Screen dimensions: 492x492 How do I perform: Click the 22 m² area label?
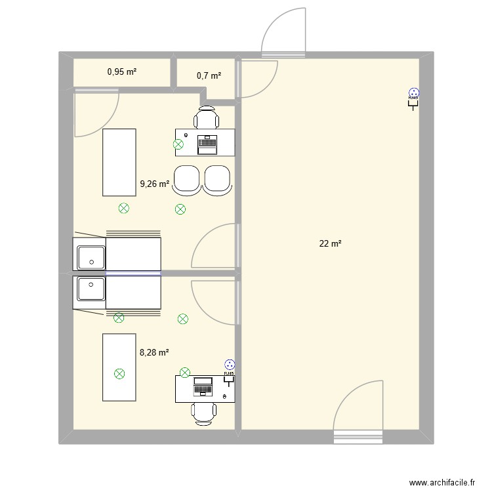coord(330,244)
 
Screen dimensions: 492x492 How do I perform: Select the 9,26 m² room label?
coord(154,185)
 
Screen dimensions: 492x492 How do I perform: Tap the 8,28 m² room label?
coord(154,352)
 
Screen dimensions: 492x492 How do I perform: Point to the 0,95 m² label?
coord(122,72)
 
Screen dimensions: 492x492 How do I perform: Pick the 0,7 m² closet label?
coord(209,76)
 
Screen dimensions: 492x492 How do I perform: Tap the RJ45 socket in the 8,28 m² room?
coord(229,367)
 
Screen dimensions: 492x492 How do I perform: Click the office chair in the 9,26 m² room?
coord(207,119)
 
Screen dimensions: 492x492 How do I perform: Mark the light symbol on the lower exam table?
coord(119,374)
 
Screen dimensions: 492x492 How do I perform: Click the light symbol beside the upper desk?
coord(178,146)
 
